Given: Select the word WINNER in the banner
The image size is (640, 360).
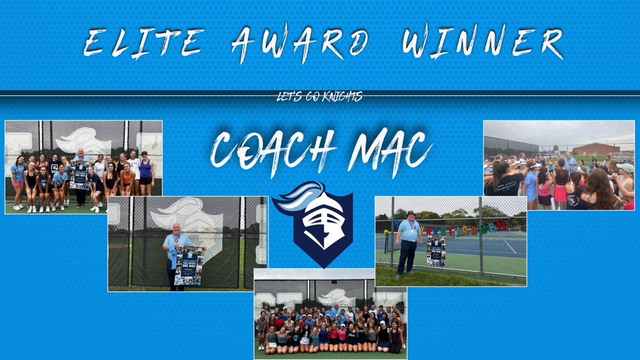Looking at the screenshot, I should click(x=484, y=42).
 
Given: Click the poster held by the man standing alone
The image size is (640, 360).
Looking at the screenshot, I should click(x=189, y=265).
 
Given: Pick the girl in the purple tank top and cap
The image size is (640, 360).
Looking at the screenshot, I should click(x=145, y=173).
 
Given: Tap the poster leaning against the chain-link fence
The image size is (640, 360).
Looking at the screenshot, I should click(x=436, y=251).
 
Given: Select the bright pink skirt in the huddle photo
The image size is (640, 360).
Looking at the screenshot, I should click(x=559, y=193).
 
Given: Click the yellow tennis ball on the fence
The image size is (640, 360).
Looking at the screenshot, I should click(x=385, y=231).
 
